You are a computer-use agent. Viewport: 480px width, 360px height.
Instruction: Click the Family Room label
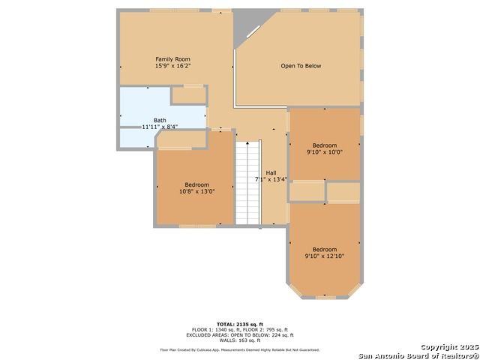tap(172, 59)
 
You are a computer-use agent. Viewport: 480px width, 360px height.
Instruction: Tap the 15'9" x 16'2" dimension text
tap(173, 66)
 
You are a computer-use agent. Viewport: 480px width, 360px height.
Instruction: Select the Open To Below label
tap(301, 66)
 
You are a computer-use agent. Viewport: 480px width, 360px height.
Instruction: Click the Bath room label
tap(160, 120)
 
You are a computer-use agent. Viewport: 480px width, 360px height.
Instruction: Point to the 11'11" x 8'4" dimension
tap(160, 127)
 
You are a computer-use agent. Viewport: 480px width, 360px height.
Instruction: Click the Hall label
tap(271, 172)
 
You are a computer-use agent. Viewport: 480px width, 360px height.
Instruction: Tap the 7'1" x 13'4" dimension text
tap(271, 179)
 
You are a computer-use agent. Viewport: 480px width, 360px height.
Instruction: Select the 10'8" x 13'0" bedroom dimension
tap(197, 192)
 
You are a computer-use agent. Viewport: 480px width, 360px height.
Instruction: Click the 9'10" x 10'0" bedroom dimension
tap(325, 151)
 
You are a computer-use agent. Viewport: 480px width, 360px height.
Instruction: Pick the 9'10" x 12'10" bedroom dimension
tap(325, 256)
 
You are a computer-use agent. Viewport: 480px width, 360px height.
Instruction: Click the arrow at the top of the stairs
tap(247, 143)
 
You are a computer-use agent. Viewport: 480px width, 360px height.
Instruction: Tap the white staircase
tap(247, 183)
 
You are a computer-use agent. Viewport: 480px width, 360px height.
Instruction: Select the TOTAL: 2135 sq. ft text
tap(240, 325)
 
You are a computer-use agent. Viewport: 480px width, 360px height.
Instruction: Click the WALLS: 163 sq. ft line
tap(240, 340)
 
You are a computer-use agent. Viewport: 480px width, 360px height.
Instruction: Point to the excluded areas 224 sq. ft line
tap(240, 335)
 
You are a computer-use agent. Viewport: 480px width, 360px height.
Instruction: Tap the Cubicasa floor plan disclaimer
tap(240, 350)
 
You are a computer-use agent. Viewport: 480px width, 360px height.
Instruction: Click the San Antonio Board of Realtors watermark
tap(418, 355)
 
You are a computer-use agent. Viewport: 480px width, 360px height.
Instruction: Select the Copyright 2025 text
tap(450, 347)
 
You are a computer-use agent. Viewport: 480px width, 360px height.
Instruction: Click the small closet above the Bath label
tap(188, 95)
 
